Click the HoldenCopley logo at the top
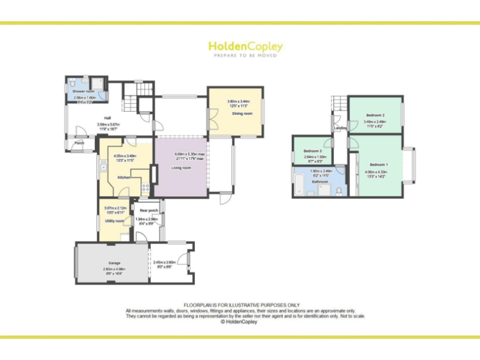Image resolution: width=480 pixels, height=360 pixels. coord(245,47)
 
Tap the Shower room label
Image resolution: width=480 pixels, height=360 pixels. coord(83,92)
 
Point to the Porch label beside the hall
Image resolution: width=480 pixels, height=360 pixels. coord(79,142)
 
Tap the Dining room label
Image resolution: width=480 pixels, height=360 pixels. coord(242,113)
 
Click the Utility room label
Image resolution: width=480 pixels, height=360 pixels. coord(114,221)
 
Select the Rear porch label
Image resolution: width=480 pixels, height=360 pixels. coord(148,211)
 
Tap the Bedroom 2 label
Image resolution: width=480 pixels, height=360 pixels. coord(375,115)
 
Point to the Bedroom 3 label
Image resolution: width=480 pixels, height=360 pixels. coord(312,151)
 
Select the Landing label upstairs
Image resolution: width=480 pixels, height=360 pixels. coord(341,128)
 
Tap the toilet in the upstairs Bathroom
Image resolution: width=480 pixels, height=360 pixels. coord(338,191)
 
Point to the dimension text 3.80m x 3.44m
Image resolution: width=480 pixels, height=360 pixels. coord(238,101)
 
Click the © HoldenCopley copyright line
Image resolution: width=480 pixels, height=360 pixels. coord(240,322)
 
